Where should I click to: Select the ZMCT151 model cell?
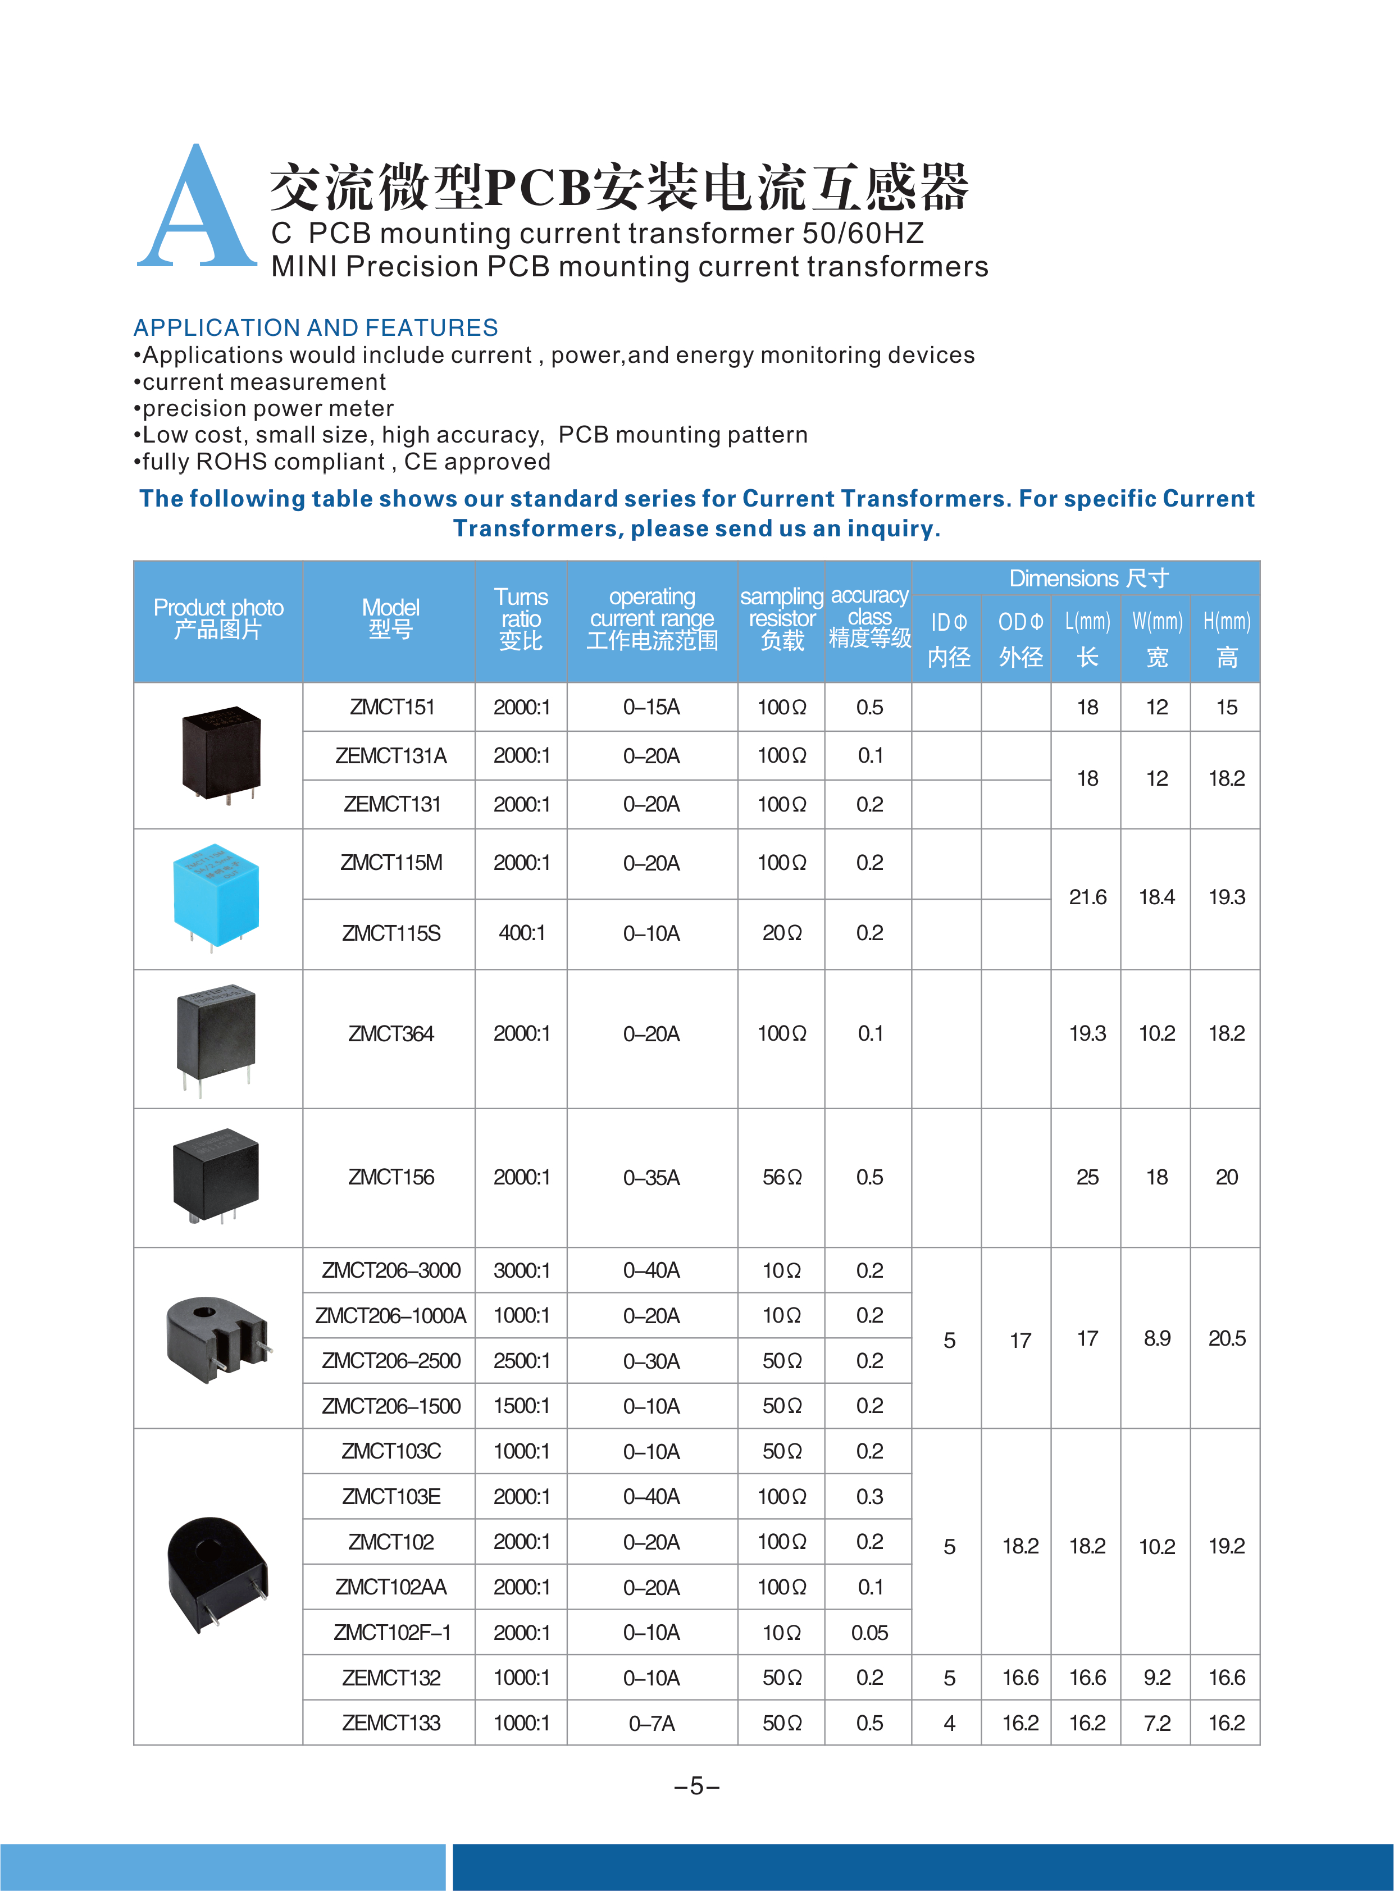pos(391,707)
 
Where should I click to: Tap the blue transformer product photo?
pos(216,896)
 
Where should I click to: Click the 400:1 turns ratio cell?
pos(521,933)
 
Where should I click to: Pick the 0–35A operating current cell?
pos(652,1177)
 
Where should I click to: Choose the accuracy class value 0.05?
pos(869,1633)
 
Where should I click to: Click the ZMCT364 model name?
pos(391,1034)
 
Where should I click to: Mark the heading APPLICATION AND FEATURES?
pos(316,327)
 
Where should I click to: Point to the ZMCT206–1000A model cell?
pos(391,1315)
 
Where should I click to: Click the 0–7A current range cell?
pos(652,1723)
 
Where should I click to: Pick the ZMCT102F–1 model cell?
pos(391,1633)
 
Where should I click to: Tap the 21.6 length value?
pos(1087,897)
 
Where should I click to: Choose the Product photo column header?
pos(218,618)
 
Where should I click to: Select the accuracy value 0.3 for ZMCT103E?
pos(869,1497)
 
